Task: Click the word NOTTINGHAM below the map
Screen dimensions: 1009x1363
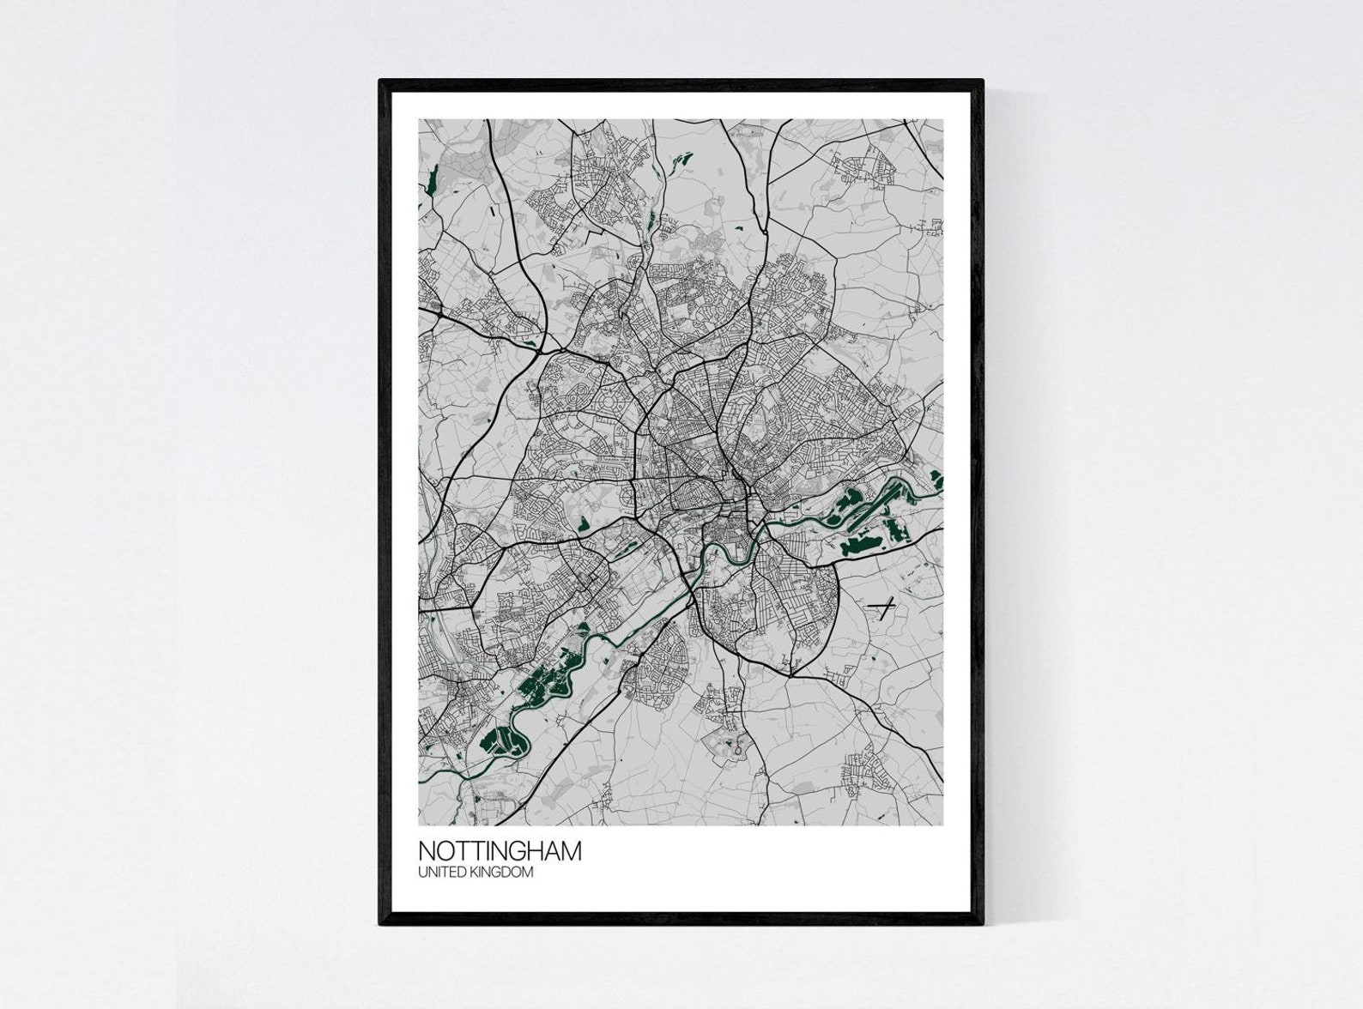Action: tap(500, 851)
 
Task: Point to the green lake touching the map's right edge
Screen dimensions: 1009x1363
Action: tap(936, 480)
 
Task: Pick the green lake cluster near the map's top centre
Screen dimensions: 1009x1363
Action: tap(681, 160)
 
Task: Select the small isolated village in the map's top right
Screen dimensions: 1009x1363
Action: tap(866, 166)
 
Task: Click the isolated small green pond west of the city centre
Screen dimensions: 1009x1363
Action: tap(584, 523)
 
